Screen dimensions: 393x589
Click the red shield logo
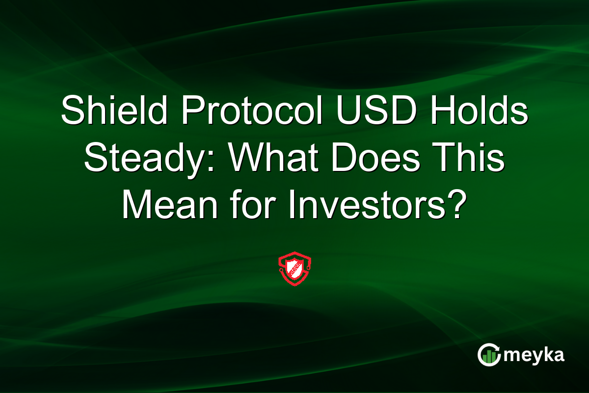[x=294, y=270]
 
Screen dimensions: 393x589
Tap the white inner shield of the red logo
[x=294, y=270]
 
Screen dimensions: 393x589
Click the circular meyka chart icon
[x=488, y=355]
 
